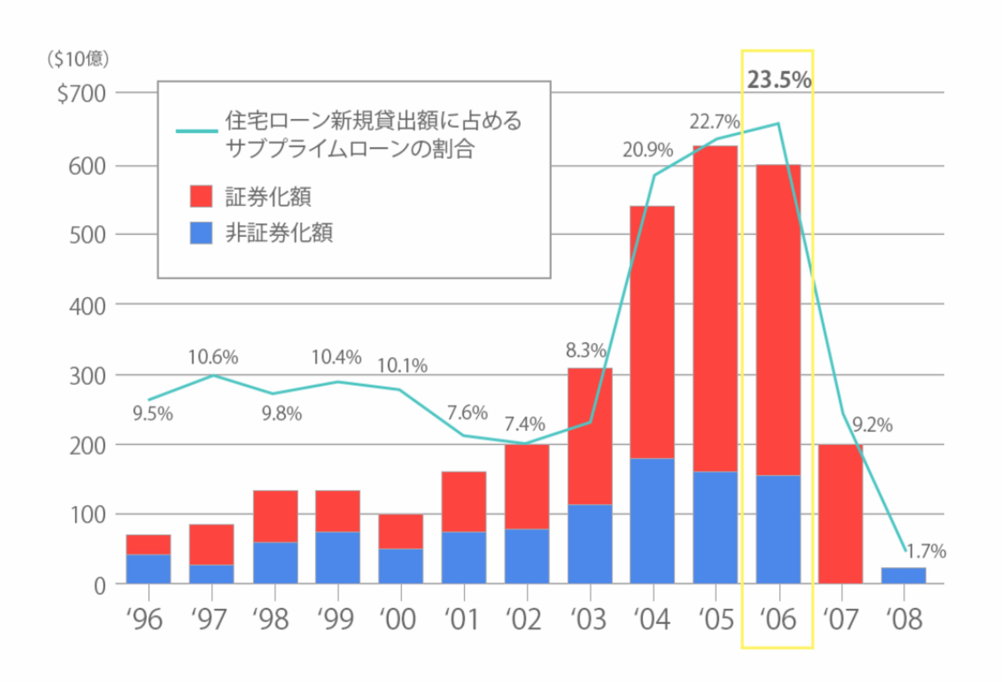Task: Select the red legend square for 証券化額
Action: tap(201, 197)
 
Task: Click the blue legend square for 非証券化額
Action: tap(201, 233)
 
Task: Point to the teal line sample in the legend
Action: tap(197, 131)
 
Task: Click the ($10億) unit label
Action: tap(78, 59)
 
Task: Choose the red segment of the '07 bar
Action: tap(840, 513)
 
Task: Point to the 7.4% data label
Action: tap(525, 424)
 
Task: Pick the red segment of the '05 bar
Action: tap(715, 308)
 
